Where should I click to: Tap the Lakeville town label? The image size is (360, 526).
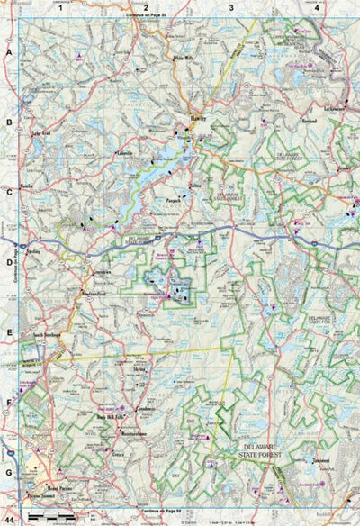pos(123,154)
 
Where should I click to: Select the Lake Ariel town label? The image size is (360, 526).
pos(41,133)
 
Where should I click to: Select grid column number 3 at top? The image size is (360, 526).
pos(231,7)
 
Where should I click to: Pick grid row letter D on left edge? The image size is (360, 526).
pos(9,264)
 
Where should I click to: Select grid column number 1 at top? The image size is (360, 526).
pos(60,7)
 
